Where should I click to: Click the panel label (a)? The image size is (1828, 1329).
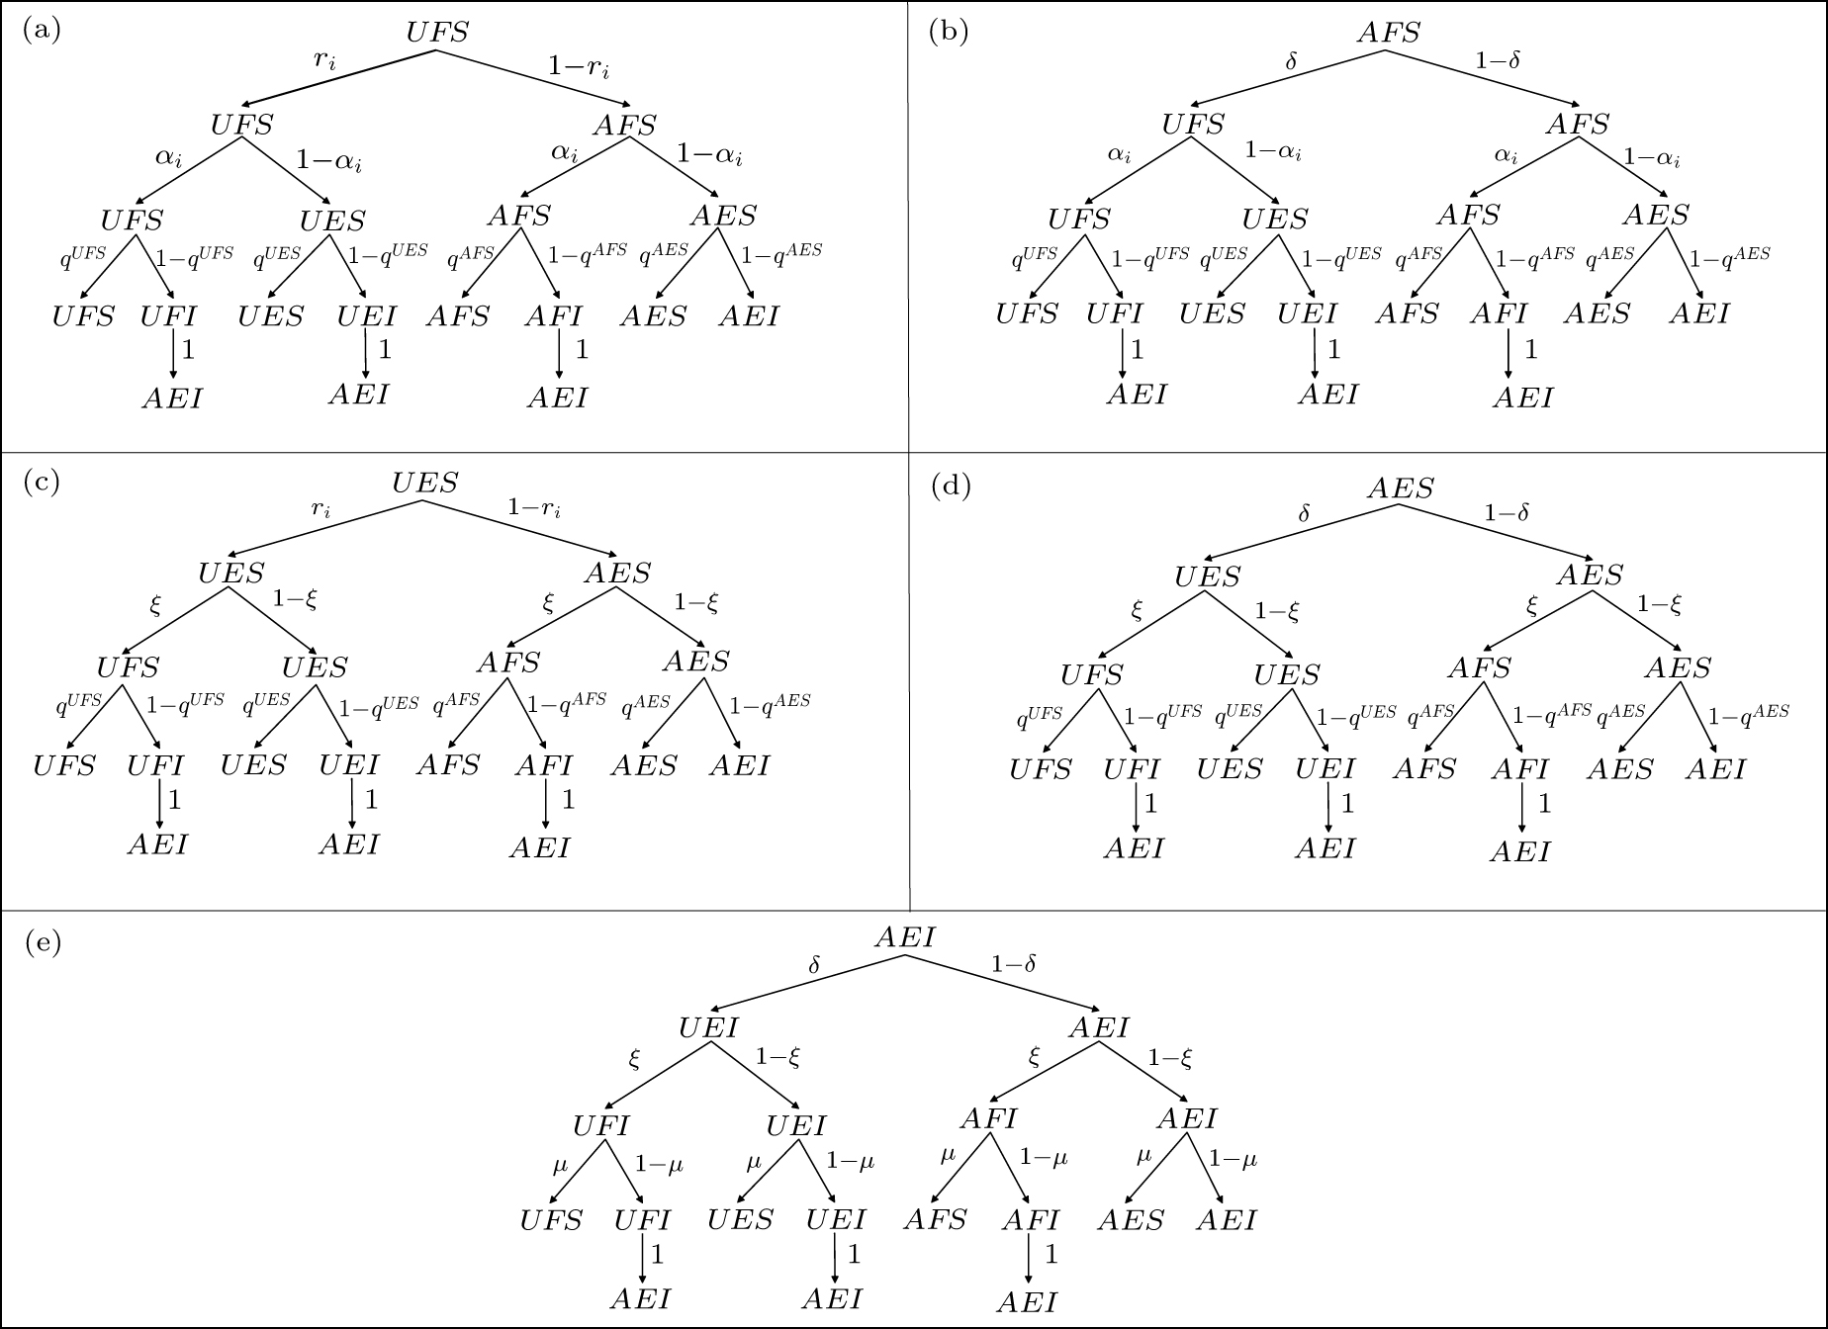click(x=41, y=31)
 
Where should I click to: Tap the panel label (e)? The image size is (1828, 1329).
click(x=43, y=942)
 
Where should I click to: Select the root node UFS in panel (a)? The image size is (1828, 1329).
click(x=436, y=32)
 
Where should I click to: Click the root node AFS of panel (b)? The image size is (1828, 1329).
click(x=1388, y=33)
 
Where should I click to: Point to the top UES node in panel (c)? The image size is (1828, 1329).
click(x=424, y=483)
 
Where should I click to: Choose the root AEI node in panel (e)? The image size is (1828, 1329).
click(x=904, y=937)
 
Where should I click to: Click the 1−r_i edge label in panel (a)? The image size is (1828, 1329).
click(x=579, y=68)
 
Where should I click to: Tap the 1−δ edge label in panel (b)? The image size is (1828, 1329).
click(x=1498, y=60)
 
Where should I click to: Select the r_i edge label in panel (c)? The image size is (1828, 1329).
click(x=320, y=509)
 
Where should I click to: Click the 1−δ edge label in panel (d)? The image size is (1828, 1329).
click(x=1507, y=512)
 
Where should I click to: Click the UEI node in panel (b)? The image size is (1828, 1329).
click(x=1306, y=314)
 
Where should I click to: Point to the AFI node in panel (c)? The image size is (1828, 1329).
click(x=543, y=765)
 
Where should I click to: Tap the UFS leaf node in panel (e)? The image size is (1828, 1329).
click(x=551, y=1220)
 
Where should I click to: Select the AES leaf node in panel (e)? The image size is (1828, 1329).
click(x=1131, y=1220)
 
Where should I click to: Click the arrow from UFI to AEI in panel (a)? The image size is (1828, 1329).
click(x=174, y=353)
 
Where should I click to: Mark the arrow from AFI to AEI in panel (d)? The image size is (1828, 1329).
click(x=1521, y=806)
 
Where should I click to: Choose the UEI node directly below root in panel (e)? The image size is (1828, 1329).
click(x=708, y=1028)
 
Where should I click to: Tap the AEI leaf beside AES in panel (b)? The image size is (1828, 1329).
click(x=1699, y=314)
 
